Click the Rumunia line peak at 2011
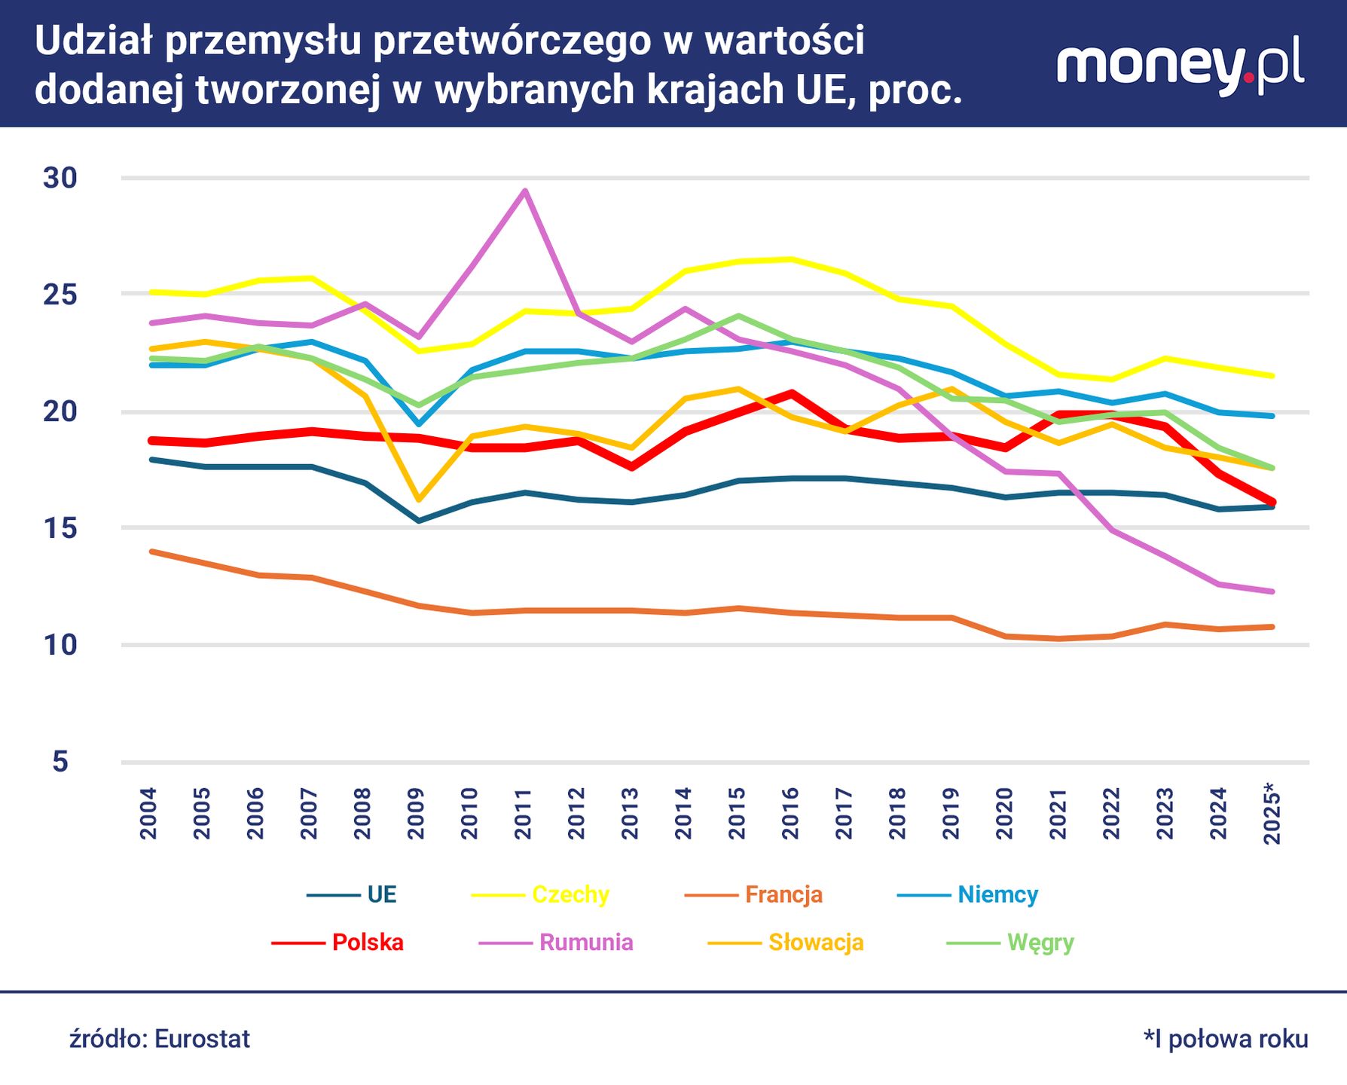click(x=525, y=191)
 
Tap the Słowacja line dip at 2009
click(x=418, y=500)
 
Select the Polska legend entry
click(x=339, y=943)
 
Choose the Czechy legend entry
click(x=541, y=894)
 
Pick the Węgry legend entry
click(x=1011, y=943)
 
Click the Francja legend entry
click(x=754, y=894)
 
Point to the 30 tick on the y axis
click(x=60, y=178)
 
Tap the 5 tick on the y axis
click(x=60, y=762)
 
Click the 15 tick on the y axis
click(x=60, y=528)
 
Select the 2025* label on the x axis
click(x=1272, y=814)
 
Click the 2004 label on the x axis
click(x=148, y=814)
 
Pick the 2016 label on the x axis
click(x=790, y=814)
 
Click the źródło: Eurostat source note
click(x=160, y=1039)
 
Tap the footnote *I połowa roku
click(x=1226, y=1039)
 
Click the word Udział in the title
click(x=93, y=41)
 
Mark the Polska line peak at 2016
click(x=790, y=393)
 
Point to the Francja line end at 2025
click(x=1272, y=626)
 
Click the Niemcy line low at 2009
click(x=418, y=424)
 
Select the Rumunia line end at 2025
click(x=1272, y=591)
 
